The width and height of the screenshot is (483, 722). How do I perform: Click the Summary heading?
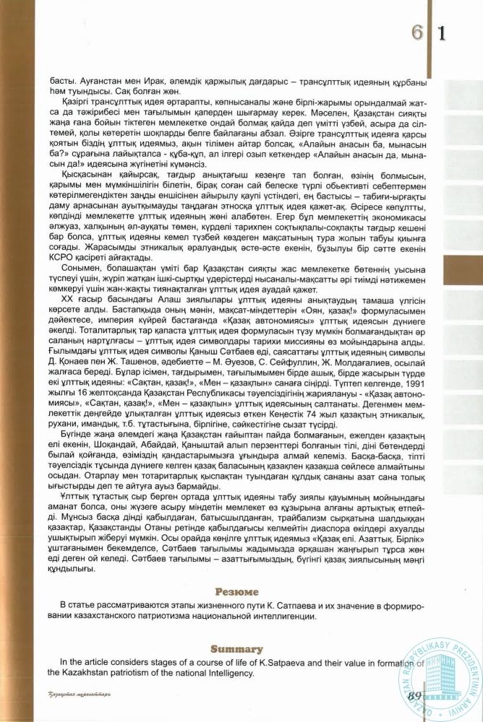point(241,648)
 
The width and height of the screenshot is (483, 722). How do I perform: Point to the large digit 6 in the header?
point(418,32)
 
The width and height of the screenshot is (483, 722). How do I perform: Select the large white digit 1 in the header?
point(442,32)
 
